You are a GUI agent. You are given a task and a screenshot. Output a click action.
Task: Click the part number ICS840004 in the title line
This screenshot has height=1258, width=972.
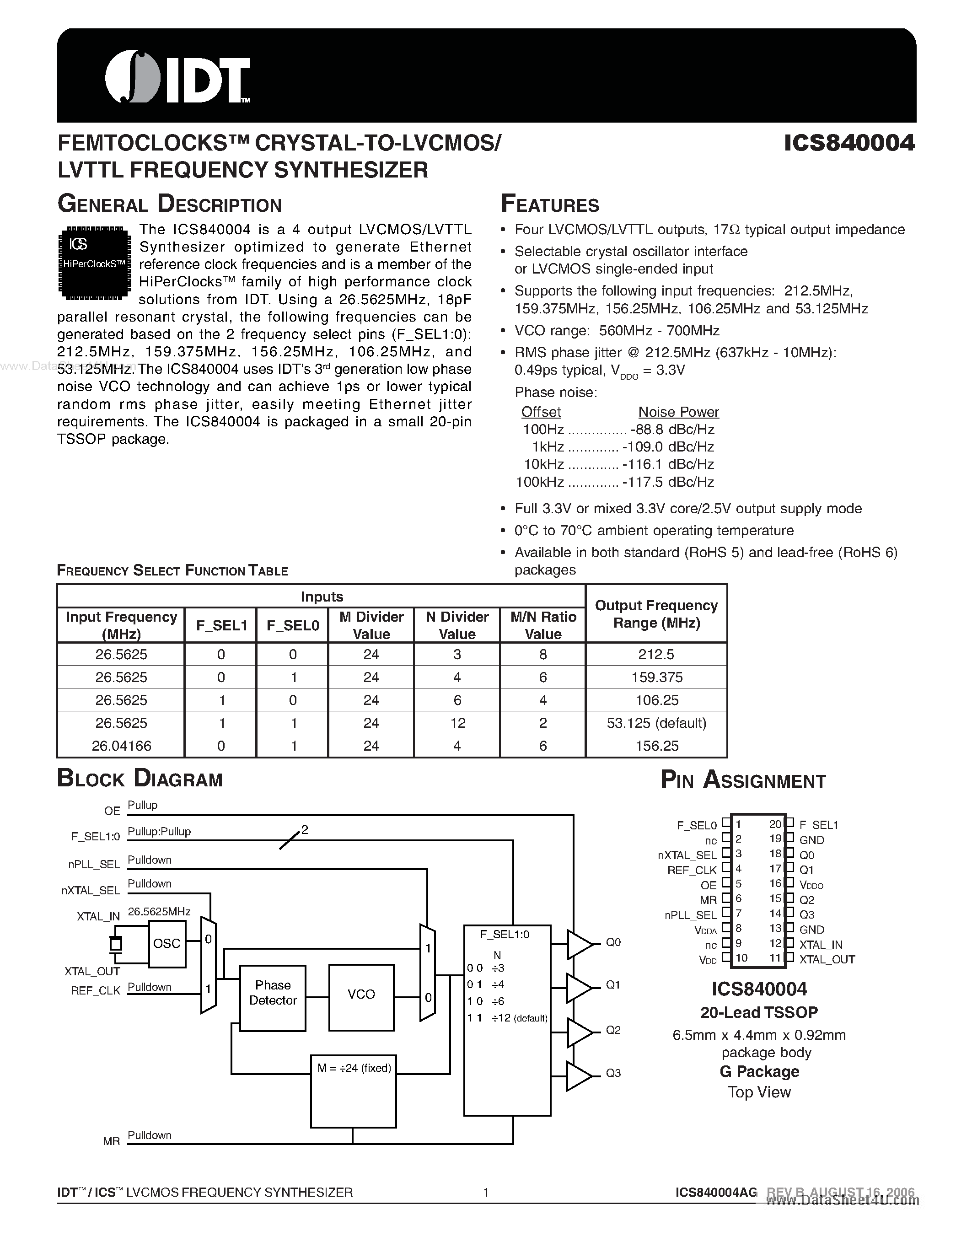coord(849,143)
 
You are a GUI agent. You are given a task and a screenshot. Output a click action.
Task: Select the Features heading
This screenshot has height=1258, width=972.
coord(549,204)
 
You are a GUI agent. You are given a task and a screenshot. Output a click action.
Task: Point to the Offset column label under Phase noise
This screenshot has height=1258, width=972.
coord(540,412)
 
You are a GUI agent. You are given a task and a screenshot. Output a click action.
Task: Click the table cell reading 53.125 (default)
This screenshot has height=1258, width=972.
coord(656,723)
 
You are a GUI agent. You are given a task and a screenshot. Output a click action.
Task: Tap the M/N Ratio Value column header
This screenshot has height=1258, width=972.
coord(542,625)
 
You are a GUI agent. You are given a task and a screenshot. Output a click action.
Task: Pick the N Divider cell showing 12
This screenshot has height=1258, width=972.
coord(457,723)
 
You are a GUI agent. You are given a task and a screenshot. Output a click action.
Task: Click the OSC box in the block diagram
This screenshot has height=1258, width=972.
coord(167,943)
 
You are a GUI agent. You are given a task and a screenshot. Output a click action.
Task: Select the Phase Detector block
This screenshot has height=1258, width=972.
coord(272,993)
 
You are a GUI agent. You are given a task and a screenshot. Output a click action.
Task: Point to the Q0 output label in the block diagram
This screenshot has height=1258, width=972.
coord(612,942)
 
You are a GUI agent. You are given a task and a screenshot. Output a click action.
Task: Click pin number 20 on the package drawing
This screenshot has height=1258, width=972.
coord(775,824)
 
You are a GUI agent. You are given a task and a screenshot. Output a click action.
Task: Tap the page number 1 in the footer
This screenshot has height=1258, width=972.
coord(485,1192)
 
